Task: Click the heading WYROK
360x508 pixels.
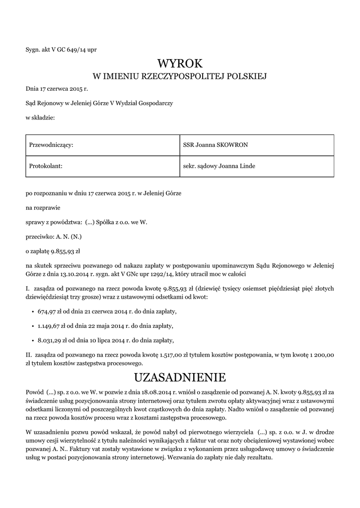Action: (x=180, y=63)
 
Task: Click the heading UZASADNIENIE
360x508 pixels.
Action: (x=180, y=378)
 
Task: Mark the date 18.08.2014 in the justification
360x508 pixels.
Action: (x=145, y=392)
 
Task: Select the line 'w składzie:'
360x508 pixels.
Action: (x=40, y=118)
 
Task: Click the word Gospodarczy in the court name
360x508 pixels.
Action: (x=156, y=103)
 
